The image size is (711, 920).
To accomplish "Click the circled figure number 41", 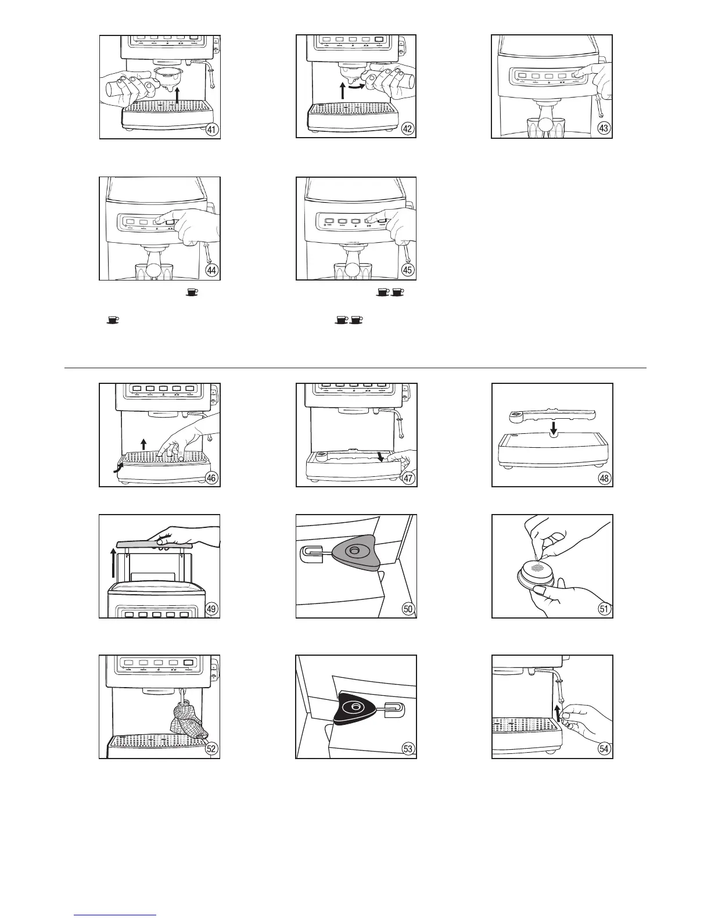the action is (213, 130).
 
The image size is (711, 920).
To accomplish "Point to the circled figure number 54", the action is (604, 749).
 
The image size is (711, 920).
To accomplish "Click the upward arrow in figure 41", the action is (178, 95).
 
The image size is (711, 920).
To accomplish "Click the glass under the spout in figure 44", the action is (155, 272).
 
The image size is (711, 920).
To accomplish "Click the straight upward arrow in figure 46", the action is (143, 444).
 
